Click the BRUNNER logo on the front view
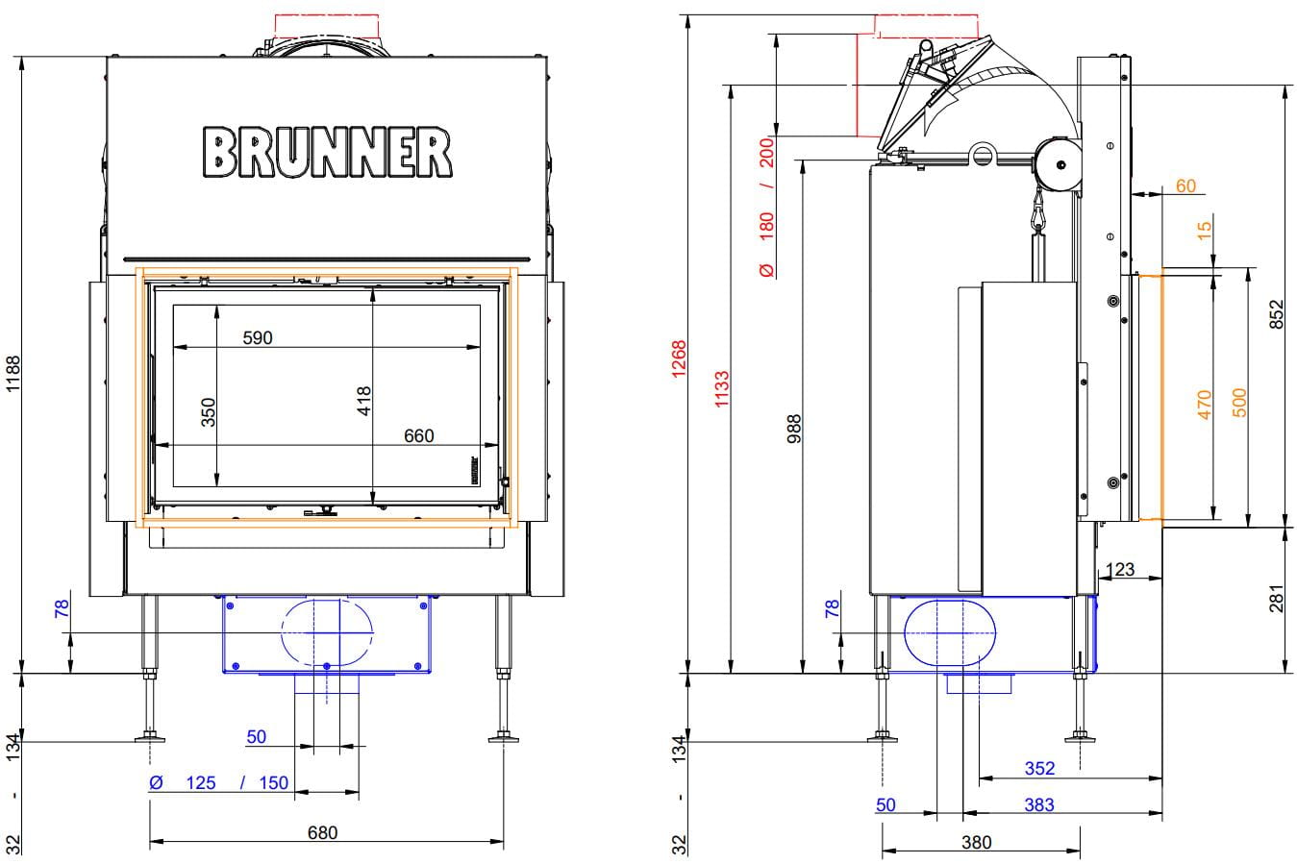[327, 152]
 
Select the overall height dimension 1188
[12, 373]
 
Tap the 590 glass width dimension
[257, 337]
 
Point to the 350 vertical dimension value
[208, 412]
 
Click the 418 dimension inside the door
[363, 401]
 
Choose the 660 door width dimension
[418, 435]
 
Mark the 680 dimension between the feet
[322, 832]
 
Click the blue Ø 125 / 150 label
[218, 782]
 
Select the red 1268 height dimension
[679, 358]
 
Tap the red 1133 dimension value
[721, 389]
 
